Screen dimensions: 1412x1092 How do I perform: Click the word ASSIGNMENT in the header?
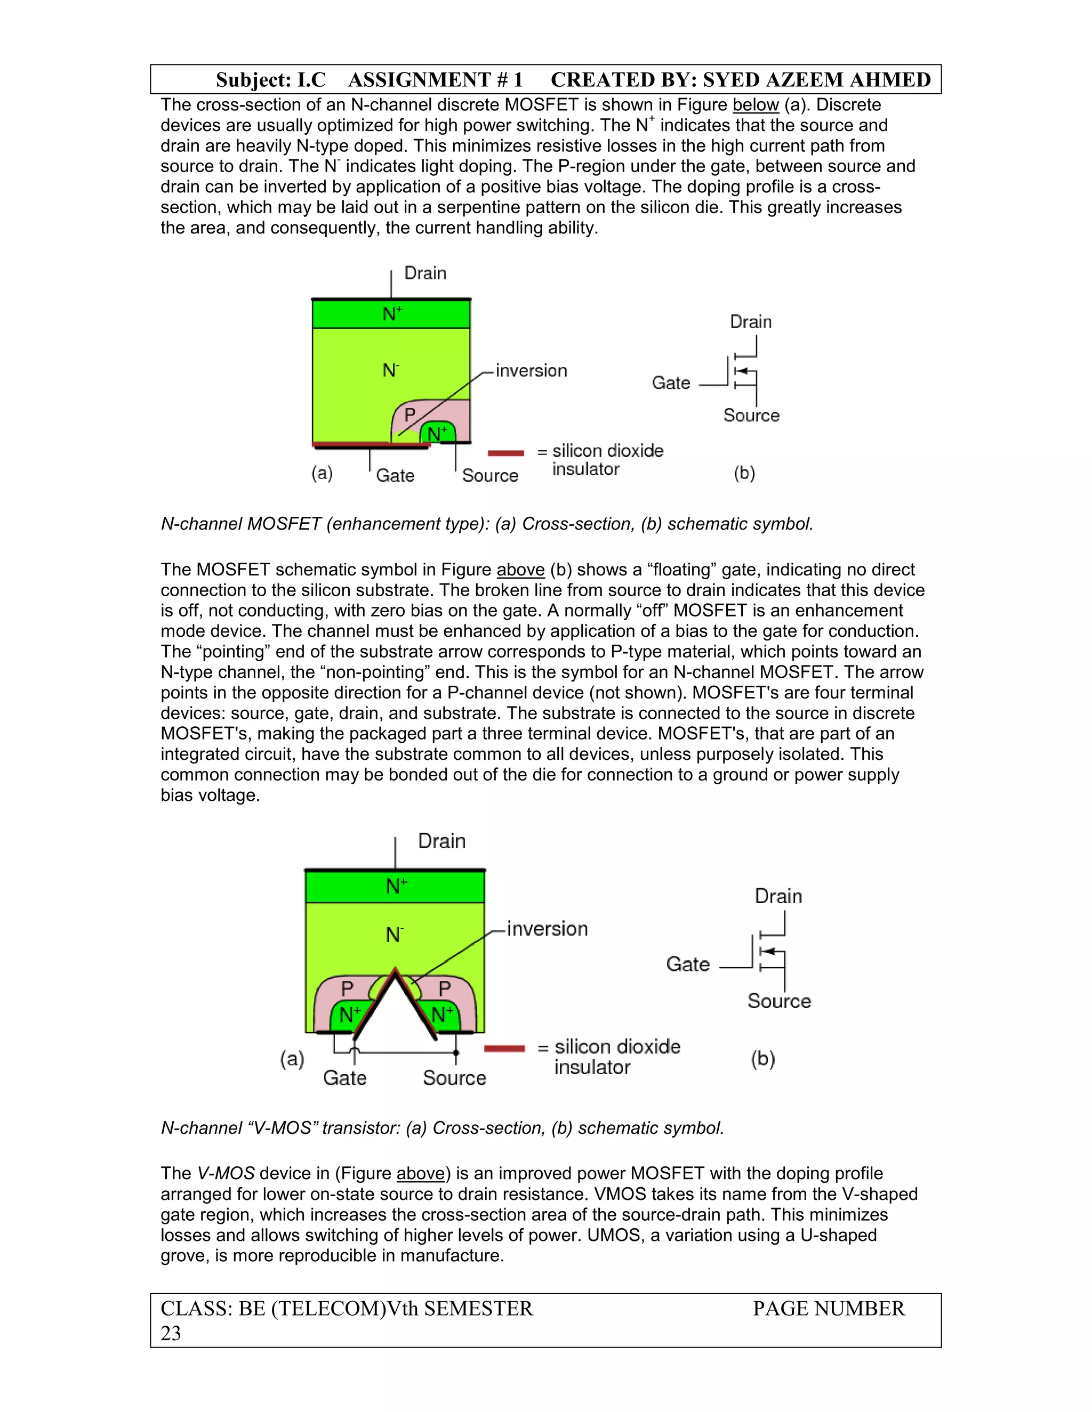(419, 79)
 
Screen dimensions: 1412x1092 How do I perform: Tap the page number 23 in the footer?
(171, 1333)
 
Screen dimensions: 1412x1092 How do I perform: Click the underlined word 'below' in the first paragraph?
(755, 105)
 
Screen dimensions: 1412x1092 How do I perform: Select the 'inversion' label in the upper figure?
(531, 370)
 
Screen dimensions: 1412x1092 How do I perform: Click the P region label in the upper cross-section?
(409, 414)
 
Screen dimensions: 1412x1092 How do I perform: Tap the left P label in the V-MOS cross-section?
(348, 988)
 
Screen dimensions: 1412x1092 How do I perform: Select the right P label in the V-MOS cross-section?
(445, 988)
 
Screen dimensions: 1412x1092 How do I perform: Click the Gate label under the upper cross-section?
(395, 475)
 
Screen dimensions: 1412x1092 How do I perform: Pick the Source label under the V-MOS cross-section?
(454, 1078)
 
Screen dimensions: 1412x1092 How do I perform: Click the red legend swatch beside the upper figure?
(505, 452)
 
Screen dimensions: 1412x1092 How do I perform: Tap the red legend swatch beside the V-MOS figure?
(504, 1048)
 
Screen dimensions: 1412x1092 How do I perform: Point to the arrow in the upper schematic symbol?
(743, 371)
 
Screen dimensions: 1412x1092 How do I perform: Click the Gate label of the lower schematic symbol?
(688, 964)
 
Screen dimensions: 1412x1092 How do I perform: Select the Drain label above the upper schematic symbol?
(750, 321)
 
